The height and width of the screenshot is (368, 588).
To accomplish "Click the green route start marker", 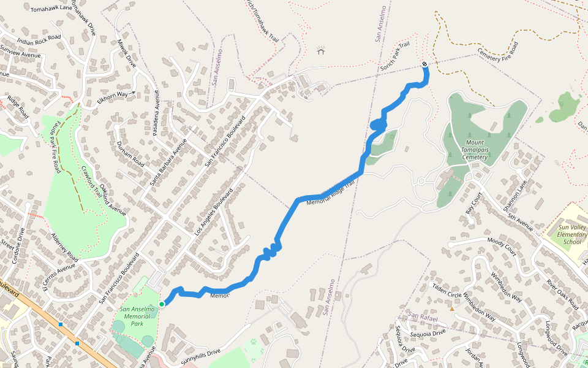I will [x=162, y=304].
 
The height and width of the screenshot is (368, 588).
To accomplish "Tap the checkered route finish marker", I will [x=424, y=64].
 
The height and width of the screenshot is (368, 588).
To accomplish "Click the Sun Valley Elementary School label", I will [x=572, y=234].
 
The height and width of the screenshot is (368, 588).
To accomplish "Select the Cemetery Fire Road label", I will [x=497, y=52].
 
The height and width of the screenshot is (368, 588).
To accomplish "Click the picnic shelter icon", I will [x=320, y=50].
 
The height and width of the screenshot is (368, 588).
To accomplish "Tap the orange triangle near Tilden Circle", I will [x=452, y=309].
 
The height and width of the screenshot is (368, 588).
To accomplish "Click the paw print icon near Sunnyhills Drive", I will [x=253, y=342].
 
